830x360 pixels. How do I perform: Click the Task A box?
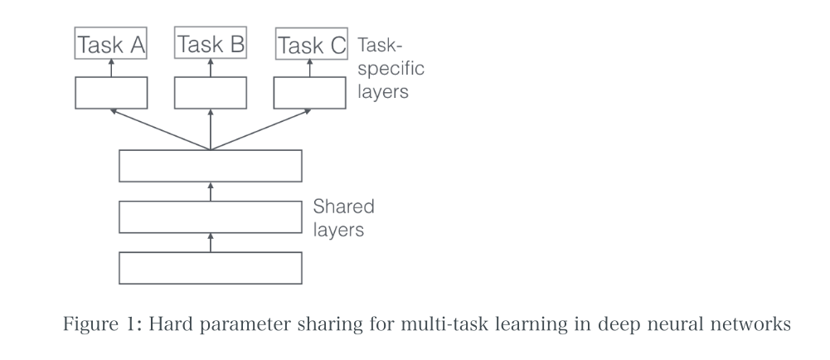click(111, 45)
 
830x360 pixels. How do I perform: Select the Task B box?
click(211, 45)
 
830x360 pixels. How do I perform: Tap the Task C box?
click(310, 45)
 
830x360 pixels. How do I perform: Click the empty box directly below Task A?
click(111, 93)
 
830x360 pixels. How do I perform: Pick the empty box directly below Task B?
click(211, 93)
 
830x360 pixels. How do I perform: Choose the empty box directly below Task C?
click(310, 93)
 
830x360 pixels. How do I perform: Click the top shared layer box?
click(210, 166)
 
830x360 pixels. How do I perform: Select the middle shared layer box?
click(210, 217)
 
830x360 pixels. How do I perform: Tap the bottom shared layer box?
click(210, 269)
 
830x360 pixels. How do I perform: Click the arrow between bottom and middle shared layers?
click(210, 243)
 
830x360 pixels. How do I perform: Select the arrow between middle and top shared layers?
click(210, 192)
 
